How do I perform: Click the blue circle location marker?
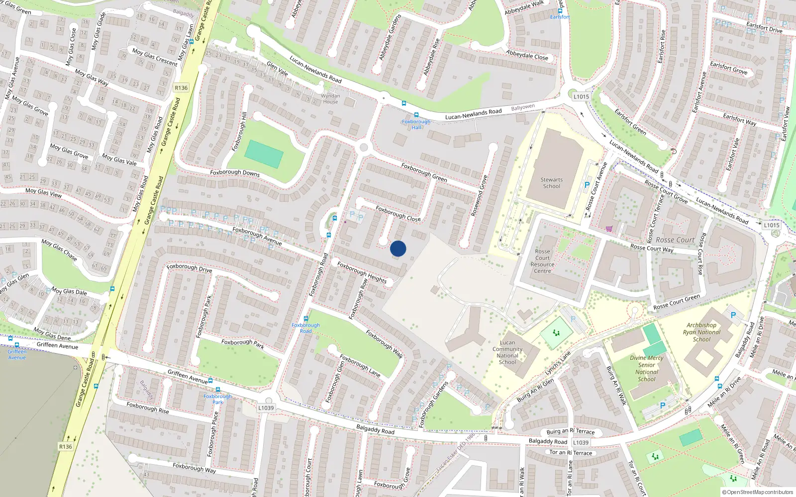(398, 248)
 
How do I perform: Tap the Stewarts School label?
(551, 183)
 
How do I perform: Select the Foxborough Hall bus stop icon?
(416, 115)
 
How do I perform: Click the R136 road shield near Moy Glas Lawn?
(181, 88)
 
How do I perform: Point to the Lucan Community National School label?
(507, 352)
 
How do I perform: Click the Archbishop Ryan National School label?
(701, 332)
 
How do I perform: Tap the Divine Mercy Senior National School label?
(646, 368)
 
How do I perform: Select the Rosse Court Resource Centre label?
(542, 261)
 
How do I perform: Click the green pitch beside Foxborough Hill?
(264, 154)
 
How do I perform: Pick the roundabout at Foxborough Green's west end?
(364, 148)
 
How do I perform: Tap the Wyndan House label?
(330, 98)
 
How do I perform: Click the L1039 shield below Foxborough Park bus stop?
(266, 408)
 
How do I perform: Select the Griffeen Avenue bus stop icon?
(17, 345)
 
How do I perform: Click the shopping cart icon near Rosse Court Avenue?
(609, 229)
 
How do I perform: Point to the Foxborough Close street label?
(398, 214)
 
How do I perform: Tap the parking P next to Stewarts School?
(587, 185)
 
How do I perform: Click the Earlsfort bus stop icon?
(560, 10)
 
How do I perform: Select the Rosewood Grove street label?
(480, 195)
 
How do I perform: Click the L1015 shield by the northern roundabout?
(581, 97)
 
